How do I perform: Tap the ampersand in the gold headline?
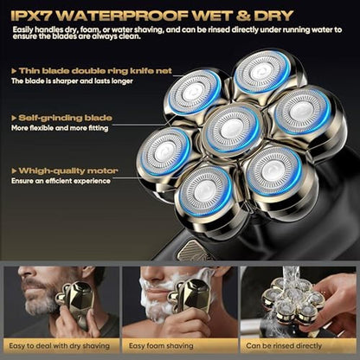pos(243,16)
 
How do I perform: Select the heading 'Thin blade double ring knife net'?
pos(95,71)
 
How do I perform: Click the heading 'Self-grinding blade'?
pos(66,118)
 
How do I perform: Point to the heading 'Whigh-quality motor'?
pos(68,170)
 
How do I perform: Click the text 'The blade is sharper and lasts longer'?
pos(72,81)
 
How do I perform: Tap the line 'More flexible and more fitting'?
pos(60,128)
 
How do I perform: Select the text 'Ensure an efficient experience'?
pos(61,181)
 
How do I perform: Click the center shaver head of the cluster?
pos(230,129)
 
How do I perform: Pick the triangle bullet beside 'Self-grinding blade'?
pos(14,119)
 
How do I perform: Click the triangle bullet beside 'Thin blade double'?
pos(14,71)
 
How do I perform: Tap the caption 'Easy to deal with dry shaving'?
pos(60,346)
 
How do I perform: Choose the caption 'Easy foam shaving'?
pos(161,346)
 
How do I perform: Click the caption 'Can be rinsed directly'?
pos(284,346)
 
